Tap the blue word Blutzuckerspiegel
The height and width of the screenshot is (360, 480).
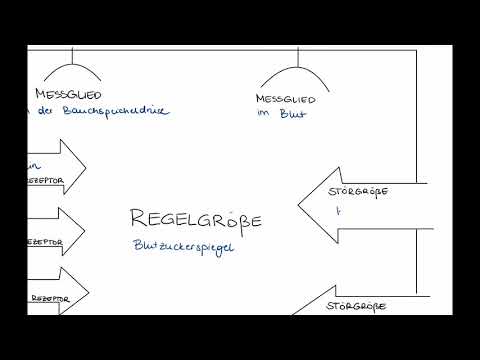tap(183, 247)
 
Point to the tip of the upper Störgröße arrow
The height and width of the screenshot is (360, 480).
tap(300, 204)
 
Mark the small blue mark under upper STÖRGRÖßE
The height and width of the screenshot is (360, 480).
tap(338, 212)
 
